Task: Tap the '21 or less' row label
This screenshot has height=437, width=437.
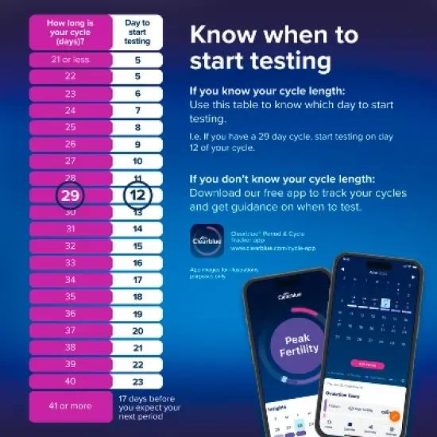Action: (70, 60)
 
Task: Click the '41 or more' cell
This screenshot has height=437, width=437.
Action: (70, 407)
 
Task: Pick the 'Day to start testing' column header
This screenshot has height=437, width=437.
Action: (137, 31)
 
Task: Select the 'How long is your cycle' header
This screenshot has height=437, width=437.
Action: (70, 31)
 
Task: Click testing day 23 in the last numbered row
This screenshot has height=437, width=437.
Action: (137, 381)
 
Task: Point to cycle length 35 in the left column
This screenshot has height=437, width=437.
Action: (70, 296)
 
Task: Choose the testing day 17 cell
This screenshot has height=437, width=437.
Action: (137, 280)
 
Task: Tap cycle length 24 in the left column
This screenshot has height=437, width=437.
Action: (70, 110)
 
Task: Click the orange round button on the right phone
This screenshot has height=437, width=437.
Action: (395, 416)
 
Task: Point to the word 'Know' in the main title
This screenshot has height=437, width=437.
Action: (224, 36)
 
